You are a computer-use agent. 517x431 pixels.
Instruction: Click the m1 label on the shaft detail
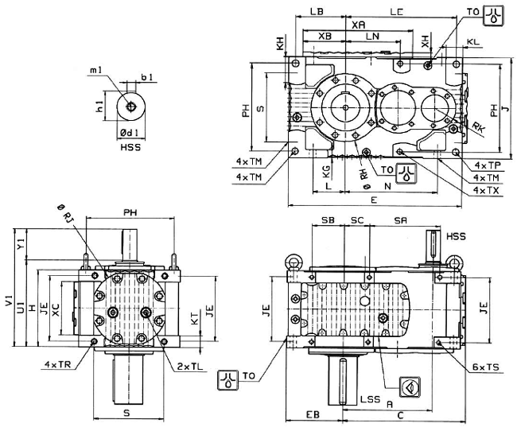coord(96,72)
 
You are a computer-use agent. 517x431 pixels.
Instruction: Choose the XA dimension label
coord(358,25)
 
